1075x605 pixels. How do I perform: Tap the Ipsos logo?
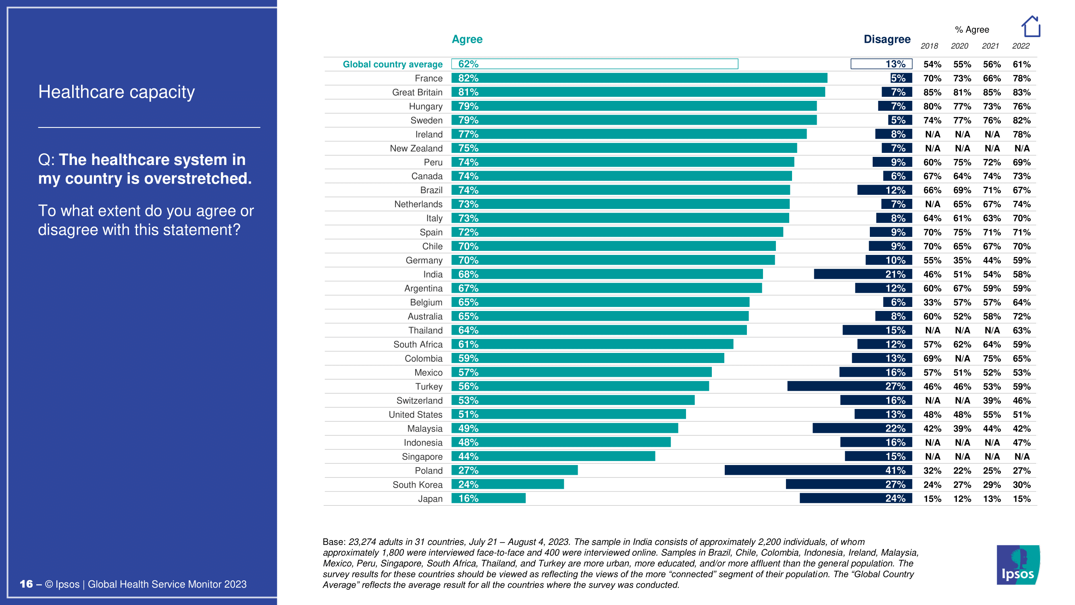point(1018,565)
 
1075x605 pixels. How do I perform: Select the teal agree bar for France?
point(638,78)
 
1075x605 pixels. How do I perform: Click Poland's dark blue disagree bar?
point(818,470)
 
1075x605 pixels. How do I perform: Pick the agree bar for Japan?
point(488,498)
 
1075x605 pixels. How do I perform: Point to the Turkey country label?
point(428,387)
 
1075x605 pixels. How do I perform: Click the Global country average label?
point(392,64)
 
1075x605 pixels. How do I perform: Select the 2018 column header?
point(929,46)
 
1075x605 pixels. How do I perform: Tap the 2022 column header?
point(1021,46)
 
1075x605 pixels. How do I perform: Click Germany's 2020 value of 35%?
point(962,261)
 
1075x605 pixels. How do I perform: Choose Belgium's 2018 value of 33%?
point(932,302)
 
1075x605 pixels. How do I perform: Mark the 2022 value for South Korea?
point(1021,485)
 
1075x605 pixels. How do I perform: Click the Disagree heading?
point(887,39)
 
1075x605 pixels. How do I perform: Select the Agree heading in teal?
point(467,39)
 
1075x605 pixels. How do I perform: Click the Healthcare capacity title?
point(116,92)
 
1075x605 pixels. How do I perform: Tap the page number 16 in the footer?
point(26,584)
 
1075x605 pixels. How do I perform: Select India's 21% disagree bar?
point(863,274)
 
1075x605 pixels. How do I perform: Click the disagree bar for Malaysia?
point(862,428)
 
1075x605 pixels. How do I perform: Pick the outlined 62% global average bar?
point(594,64)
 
